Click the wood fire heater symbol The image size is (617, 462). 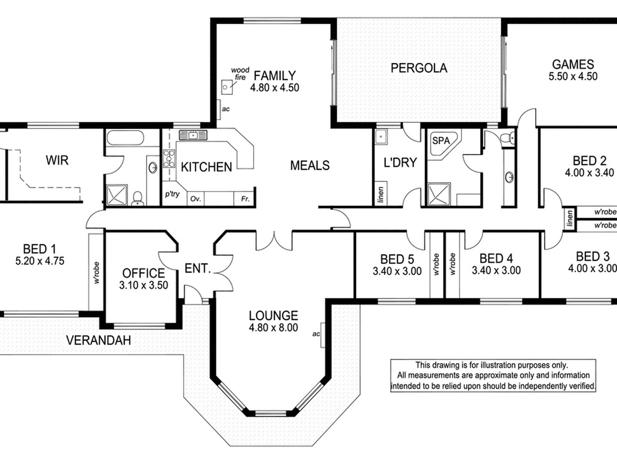click(227, 87)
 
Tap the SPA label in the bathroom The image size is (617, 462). click(441, 140)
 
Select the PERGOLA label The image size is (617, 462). click(419, 68)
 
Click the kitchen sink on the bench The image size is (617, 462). click(193, 135)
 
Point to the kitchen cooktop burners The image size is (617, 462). click(169, 158)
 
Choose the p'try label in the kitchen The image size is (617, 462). click(172, 194)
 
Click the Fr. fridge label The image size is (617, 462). click(245, 198)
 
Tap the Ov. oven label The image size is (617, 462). click(195, 198)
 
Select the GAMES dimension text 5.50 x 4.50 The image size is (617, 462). click(573, 76)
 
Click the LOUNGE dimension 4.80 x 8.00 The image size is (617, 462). click(273, 327)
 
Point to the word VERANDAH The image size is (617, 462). click(98, 340)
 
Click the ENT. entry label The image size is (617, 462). click(198, 268)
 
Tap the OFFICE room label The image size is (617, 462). click(144, 273)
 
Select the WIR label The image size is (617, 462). click(57, 160)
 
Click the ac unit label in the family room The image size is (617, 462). click(226, 109)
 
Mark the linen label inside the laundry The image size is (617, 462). click(381, 194)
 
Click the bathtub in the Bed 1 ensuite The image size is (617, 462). click(125, 138)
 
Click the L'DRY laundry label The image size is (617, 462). click(400, 162)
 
